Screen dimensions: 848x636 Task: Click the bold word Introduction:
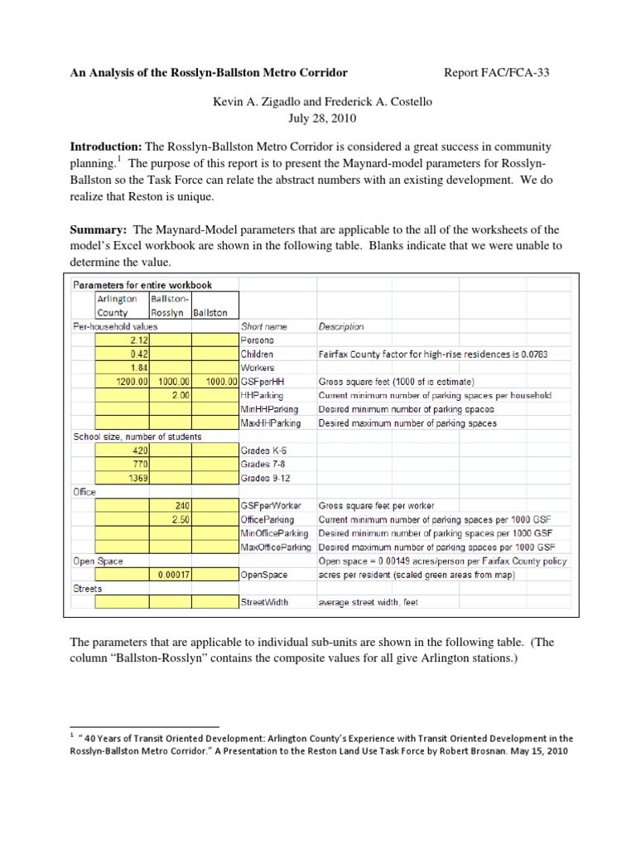pyautogui.click(x=106, y=147)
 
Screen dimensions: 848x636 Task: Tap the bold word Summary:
pyautogui.click(x=98, y=229)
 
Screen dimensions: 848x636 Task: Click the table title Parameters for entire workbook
pyautogui.click(x=143, y=286)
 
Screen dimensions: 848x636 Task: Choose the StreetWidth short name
pyautogui.click(x=264, y=602)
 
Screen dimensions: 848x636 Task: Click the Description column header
pyautogui.click(x=340, y=326)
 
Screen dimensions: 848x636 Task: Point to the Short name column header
pyautogui.click(x=263, y=326)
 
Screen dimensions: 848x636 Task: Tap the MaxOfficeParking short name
pyautogui.click(x=275, y=547)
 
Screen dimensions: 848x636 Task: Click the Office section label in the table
pyautogui.click(x=84, y=492)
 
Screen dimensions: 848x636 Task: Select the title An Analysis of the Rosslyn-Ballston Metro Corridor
pyautogui.click(x=208, y=73)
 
